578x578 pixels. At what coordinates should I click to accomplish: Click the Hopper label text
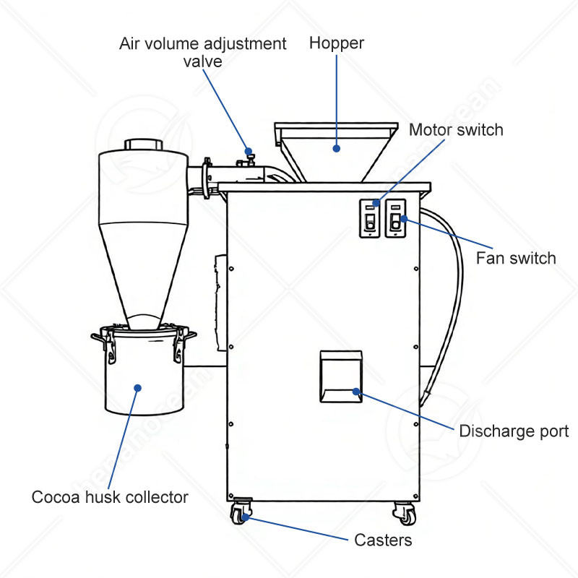[336, 43]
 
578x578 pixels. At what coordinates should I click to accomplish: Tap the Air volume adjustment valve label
[202, 52]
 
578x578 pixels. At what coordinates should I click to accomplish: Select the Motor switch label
[455, 130]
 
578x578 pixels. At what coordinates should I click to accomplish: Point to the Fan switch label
[516, 258]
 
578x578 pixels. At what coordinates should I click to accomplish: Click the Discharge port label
[514, 431]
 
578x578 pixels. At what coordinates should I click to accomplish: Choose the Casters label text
[383, 540]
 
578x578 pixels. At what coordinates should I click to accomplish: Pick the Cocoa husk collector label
[110, 497]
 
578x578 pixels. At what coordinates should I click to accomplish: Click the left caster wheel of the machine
[239, 515]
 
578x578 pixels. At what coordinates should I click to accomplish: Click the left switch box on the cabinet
[370, 217]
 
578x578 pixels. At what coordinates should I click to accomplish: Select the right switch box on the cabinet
[395, 217]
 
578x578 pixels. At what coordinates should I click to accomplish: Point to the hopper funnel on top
[336, 152]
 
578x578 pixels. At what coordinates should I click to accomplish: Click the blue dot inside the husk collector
[137, 388]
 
